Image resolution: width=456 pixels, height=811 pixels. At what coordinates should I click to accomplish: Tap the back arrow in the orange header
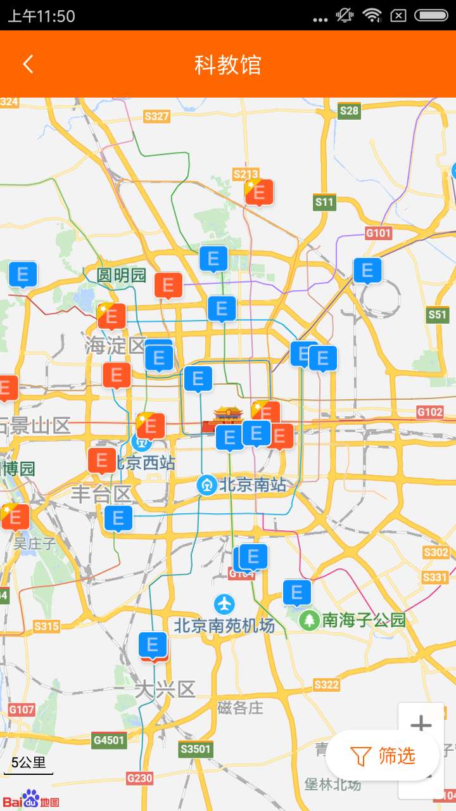pos(28,64)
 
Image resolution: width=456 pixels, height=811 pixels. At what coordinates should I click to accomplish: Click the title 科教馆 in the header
pos(227,65)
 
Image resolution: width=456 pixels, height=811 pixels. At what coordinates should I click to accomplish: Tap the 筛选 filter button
pos(384,755)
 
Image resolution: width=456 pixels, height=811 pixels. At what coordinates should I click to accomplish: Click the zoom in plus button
pos(421,725)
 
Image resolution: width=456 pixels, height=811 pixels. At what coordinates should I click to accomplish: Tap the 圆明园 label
pos(121,276)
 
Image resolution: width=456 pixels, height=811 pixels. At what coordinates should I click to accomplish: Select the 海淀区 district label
pos(115,345)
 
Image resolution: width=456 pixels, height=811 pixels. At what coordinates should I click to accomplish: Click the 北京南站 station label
pos(252,486)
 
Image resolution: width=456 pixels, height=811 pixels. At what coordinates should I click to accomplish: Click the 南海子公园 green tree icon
pos(309,620)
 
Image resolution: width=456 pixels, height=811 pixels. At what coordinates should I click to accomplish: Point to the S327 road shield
pos(156,116)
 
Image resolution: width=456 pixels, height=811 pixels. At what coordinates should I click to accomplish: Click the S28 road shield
pos(349,111)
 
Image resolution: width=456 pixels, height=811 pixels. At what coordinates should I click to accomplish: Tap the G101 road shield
pos(379,233)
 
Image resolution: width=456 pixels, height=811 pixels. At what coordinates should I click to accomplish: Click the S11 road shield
pos(324,202)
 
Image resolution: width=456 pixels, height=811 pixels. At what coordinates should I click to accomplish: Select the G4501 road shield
pos(109,739)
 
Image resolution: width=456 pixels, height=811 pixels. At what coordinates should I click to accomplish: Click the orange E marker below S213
pos(259,193)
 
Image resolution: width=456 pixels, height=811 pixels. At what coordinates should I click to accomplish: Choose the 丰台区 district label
pos(101,494)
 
